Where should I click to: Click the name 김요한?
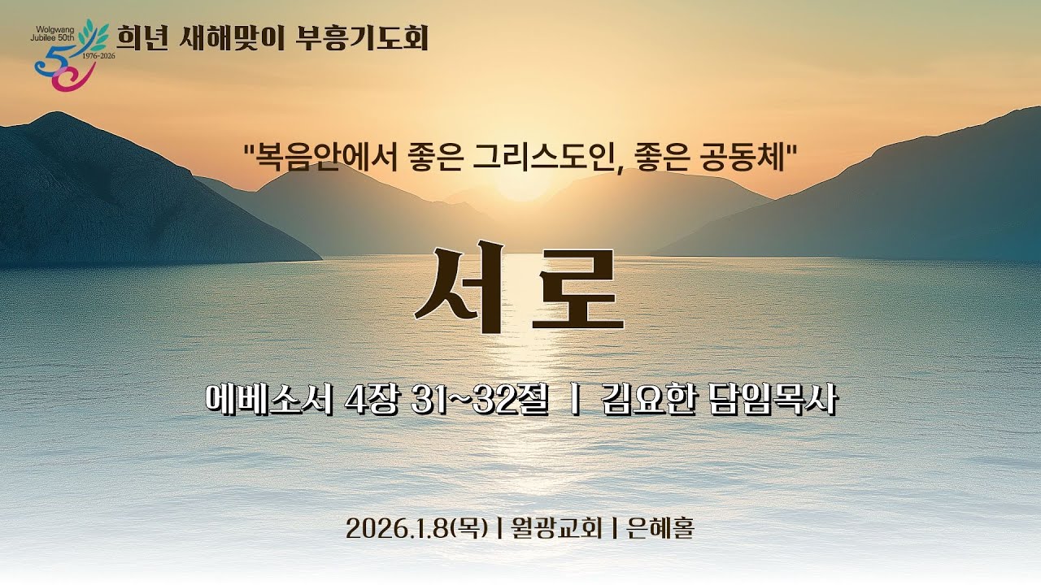[x=645, y=401]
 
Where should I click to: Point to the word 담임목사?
[x=768, y=401]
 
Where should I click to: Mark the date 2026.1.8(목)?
[x=416, y=529]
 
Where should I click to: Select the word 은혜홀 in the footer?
[x=660, y=529]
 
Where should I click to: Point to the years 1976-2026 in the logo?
[x=99, y=56]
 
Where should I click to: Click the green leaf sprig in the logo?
[x=97, y=33]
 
